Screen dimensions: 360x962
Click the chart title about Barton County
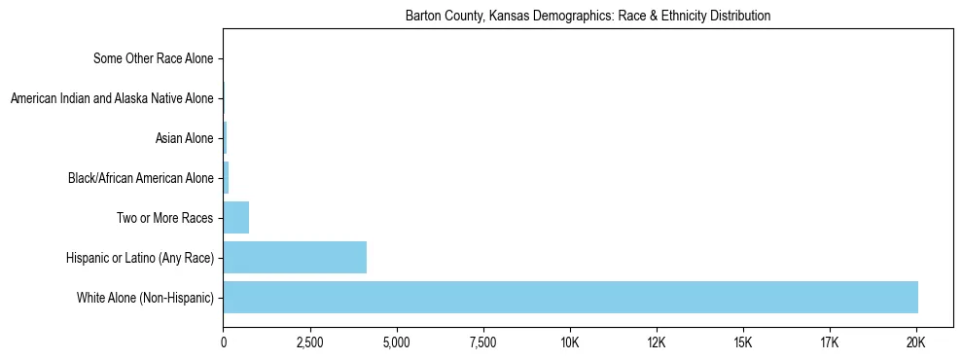tap(588, 16)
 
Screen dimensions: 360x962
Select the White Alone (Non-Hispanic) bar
tap(570, 297)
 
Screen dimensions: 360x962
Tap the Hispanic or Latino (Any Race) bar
tap(295, 257)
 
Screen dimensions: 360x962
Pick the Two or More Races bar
tap(236, 217)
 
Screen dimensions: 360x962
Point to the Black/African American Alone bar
tap(227, 178)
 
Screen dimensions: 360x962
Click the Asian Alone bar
tap(225, 138)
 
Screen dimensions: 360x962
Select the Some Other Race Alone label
tap(153, 59)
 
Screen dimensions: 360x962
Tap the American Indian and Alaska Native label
tap(111, 98)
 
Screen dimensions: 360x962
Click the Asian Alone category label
tap(184, 138)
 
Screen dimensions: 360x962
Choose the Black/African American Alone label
tap(140, 178)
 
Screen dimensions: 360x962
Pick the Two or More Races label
tap(163, 217)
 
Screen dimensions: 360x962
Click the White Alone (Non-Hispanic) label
tap(145, 297)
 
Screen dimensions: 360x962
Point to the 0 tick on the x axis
tap(224, 343)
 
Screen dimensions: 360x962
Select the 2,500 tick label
tap(310, 343)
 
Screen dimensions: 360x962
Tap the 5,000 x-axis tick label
tap(397, 343)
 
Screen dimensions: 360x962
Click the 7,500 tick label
tap(483, 343)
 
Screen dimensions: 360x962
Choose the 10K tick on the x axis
tap(570, 343)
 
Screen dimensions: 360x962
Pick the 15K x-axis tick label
tap(743, 343)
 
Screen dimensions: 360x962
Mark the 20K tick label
tap(916, 343)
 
